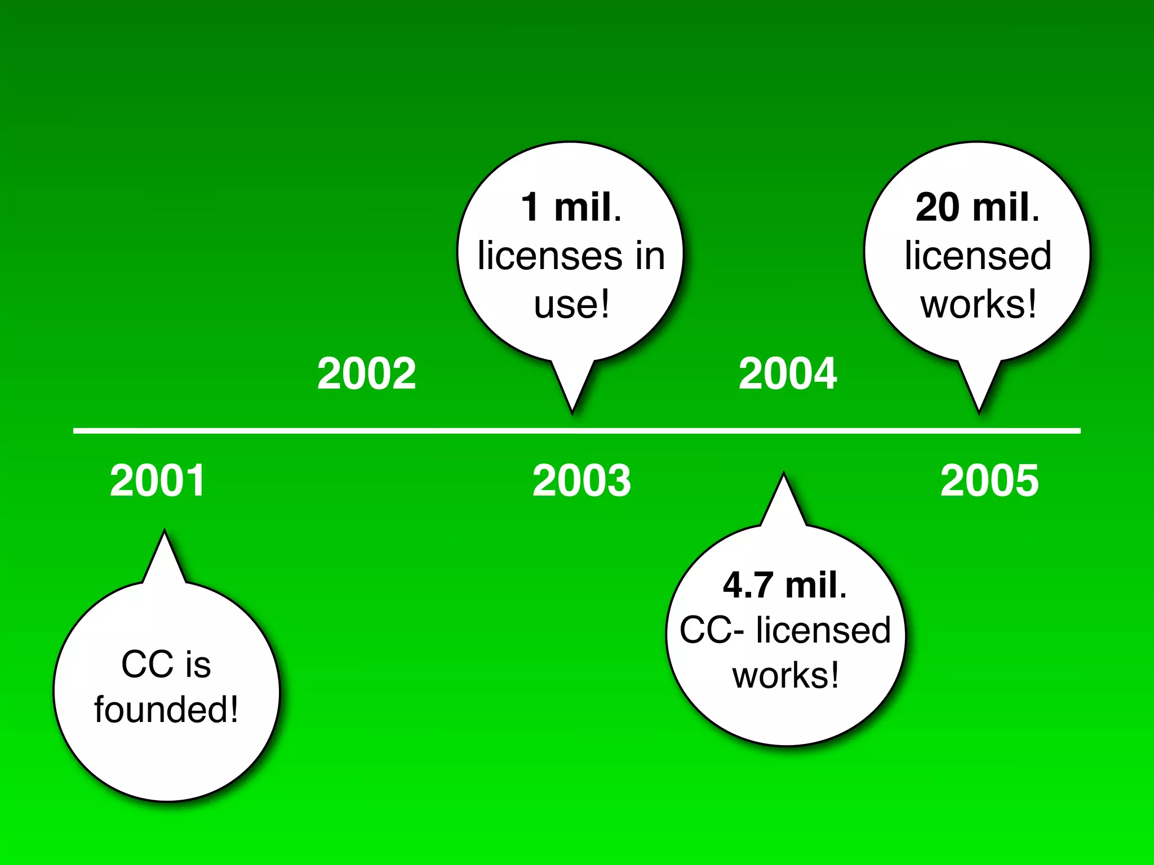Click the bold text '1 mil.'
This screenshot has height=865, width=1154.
(x=571, y=207)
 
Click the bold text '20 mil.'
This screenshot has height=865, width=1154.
(x=978, y=207)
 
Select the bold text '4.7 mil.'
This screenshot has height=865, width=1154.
(x=785, y=585)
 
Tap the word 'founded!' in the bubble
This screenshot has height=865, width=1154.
(x=166, y=709)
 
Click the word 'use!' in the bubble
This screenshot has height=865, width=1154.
(x=571, y=305)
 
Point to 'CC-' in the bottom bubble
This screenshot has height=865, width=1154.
(x=712, y=630)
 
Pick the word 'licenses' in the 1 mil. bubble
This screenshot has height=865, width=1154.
(x=549, y=256)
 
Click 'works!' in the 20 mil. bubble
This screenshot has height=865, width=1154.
(x=978, y=305)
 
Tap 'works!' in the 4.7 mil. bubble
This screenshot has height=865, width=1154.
(x=785, y=675)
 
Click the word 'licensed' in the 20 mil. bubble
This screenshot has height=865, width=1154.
(x=978, y=256)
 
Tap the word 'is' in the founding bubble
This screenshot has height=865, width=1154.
(x=198, y=665)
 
